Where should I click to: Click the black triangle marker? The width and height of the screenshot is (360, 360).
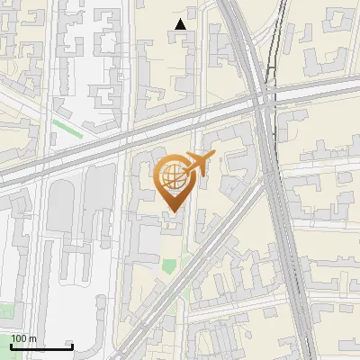(181, 24)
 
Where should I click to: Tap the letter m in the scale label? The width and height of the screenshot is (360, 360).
(32, 338)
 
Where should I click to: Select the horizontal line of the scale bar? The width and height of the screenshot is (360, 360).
(41, 346)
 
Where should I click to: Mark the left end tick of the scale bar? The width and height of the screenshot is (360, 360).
(12, 345)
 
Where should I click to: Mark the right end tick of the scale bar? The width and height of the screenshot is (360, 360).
(72, 345)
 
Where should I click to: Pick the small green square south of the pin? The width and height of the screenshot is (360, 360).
(169, 265)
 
